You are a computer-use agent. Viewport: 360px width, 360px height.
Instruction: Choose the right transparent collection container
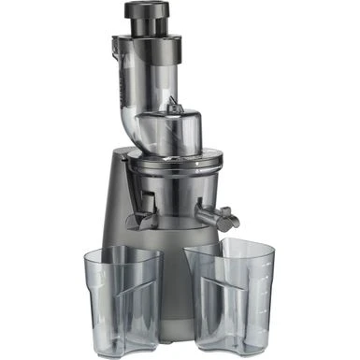(230, 299)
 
